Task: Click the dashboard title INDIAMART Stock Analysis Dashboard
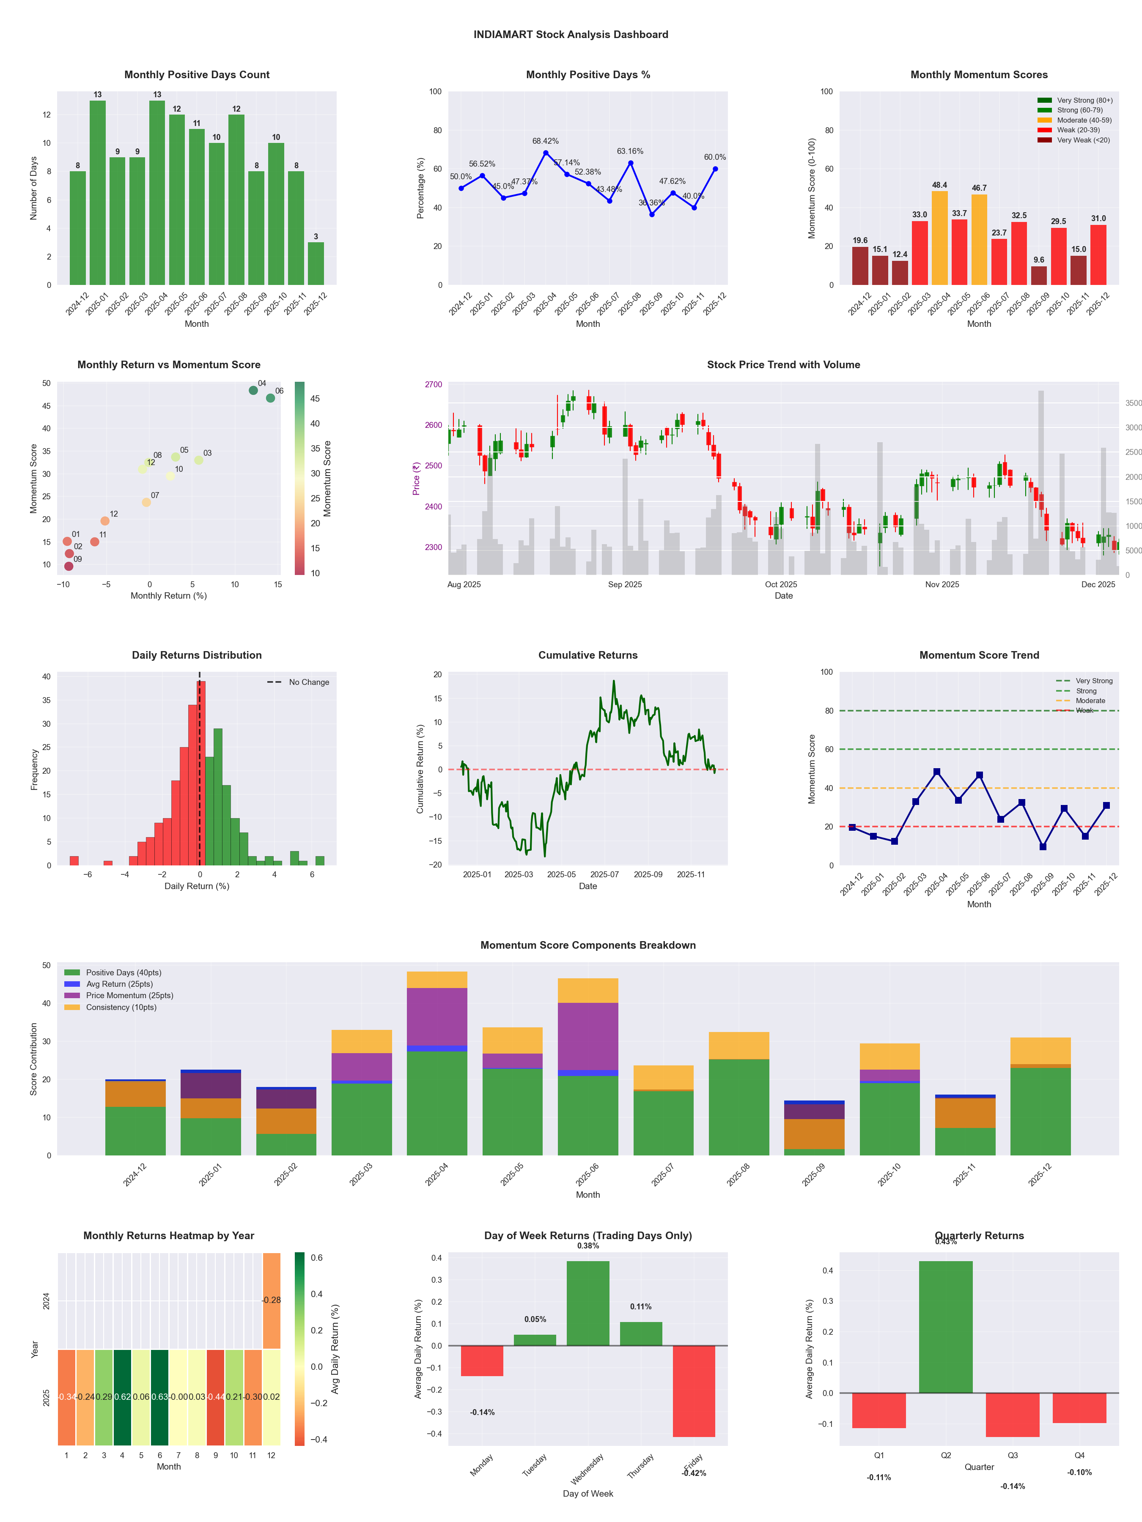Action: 571,34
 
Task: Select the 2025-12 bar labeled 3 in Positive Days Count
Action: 316,263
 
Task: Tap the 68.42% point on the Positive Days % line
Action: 546,153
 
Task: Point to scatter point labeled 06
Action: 271,398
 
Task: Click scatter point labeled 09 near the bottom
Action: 69,566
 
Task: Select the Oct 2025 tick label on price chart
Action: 781,585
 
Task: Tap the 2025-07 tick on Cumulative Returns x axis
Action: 604,875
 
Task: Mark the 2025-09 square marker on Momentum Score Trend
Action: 1043,847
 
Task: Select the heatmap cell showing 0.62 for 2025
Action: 123,1397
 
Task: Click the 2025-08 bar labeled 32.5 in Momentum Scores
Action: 1019,253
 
